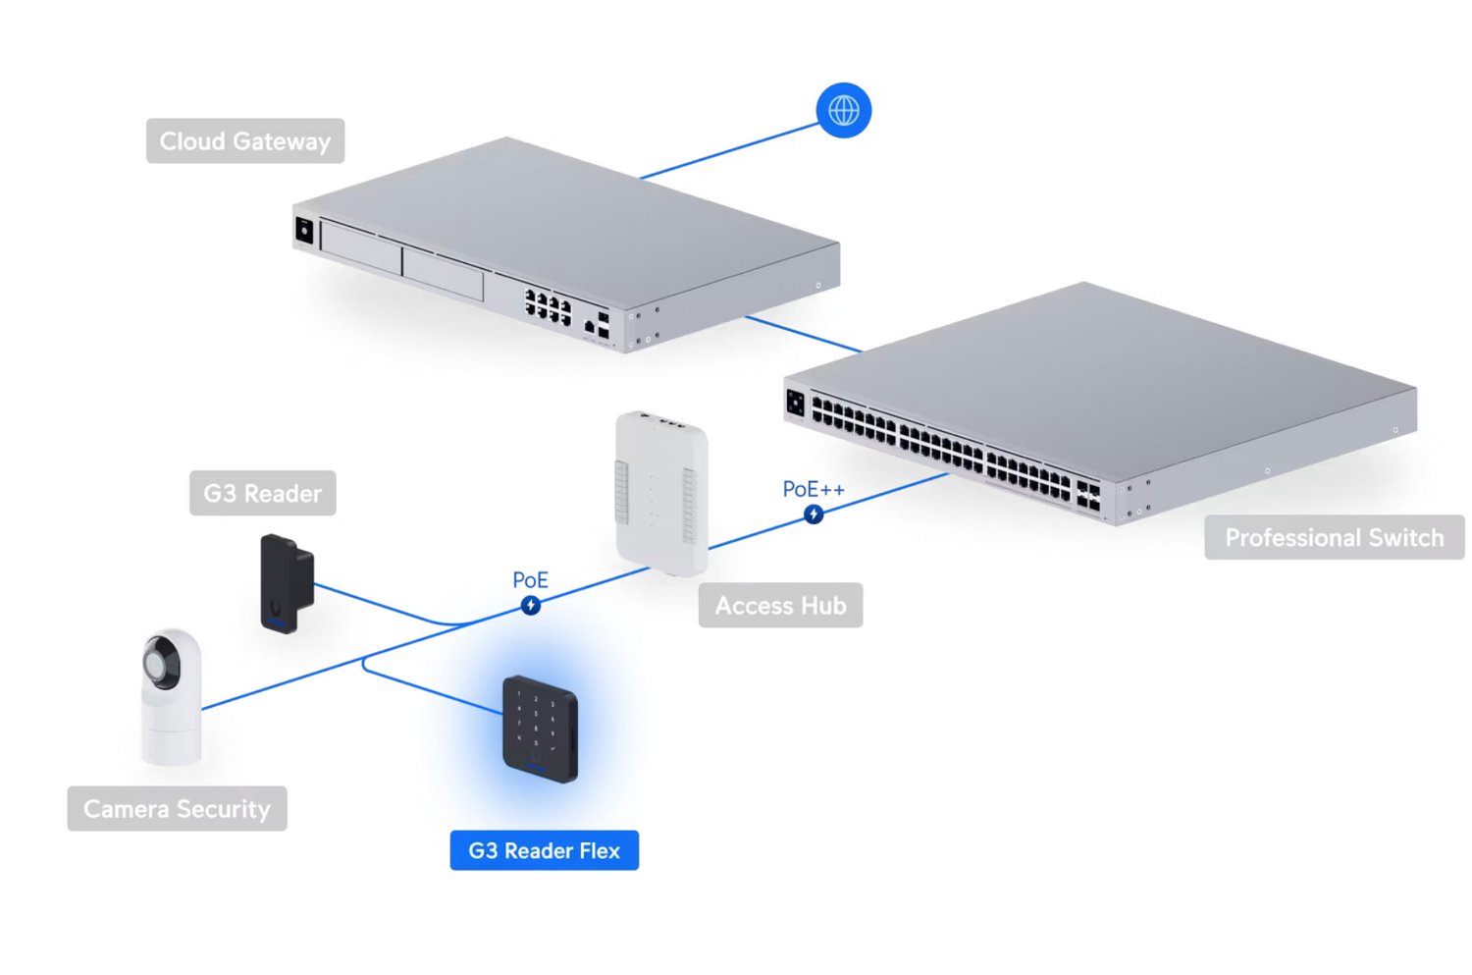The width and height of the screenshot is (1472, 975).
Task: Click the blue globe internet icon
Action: coord(843,110)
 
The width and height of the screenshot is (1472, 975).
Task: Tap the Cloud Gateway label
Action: coord(244,141)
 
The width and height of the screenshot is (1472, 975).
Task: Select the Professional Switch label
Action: coord(1334,538)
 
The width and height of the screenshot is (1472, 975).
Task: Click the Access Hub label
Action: coord(780,606)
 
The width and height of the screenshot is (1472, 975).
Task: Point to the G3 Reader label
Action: coord(262,493)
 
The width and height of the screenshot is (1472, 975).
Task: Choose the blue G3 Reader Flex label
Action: coord(544,850)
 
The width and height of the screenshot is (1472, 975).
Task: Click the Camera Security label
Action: coord(177,809)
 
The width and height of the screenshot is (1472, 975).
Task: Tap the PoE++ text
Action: coord(813,489)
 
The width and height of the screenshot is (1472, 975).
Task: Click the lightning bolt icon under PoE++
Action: coord(814,515)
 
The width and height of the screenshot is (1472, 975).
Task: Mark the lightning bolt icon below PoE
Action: coord(531,606)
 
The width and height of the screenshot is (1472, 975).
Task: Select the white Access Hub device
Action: coord(660,493)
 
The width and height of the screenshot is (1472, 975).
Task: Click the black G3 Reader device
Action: coord(286,583)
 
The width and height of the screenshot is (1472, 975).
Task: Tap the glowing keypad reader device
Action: coord(540,729)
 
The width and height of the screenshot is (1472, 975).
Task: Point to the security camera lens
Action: coord(159,663)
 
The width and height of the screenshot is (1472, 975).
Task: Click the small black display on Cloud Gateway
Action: coord(304,231)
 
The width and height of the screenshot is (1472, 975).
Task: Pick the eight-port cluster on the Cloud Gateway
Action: coord(548,307)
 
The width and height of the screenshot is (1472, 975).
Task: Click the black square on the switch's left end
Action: coord(795,403)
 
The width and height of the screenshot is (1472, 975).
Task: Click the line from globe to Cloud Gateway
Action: coord(726,152)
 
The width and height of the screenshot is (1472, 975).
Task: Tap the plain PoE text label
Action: coord(530,580)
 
